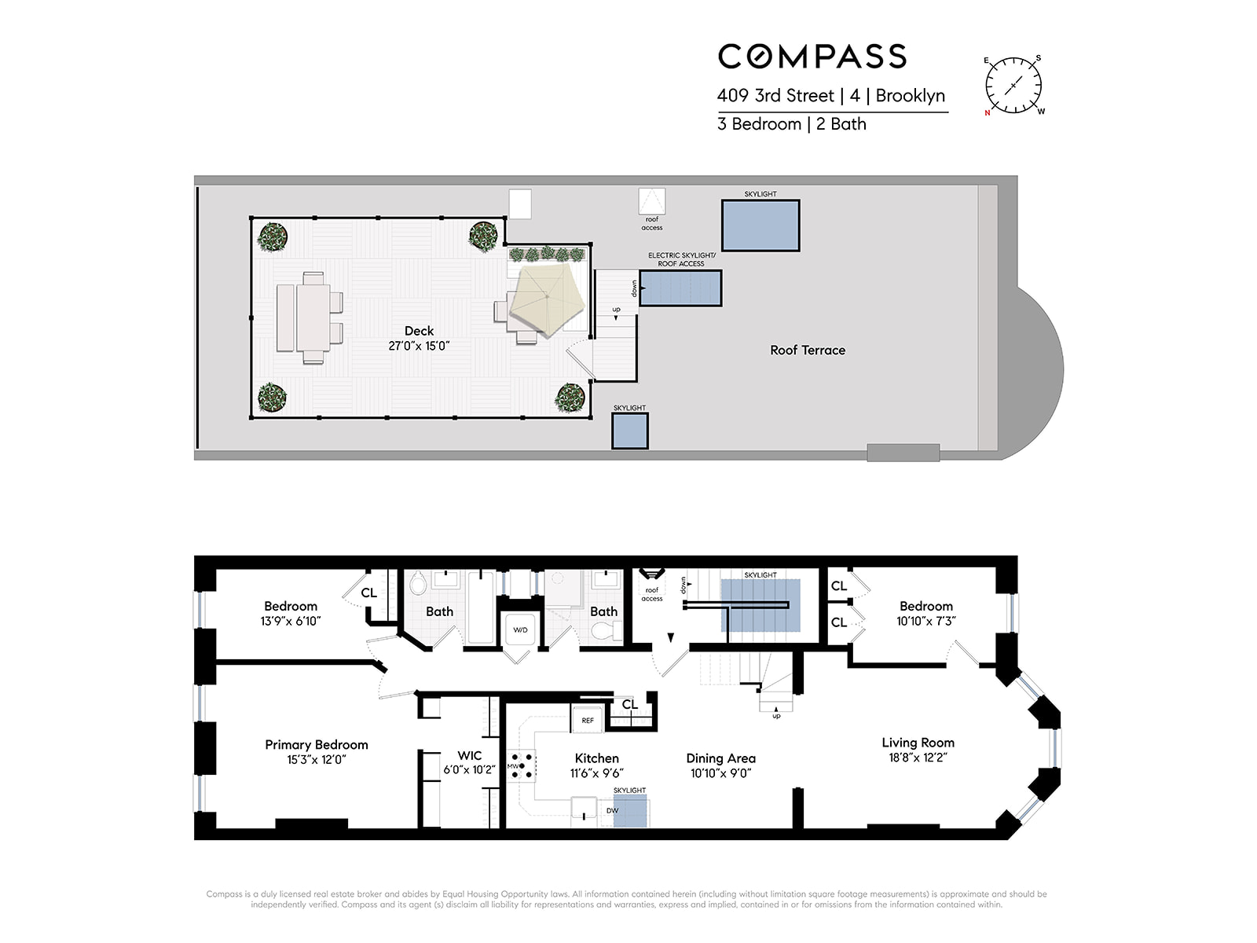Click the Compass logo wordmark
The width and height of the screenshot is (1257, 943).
(812, 57)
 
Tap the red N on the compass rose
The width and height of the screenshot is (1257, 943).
(988, 113)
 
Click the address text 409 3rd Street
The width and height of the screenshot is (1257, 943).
(775, 96)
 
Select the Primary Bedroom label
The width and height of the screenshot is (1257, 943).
(316, 745)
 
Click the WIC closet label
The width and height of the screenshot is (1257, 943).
(469, 756)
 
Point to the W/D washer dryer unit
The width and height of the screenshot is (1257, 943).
(520, 630)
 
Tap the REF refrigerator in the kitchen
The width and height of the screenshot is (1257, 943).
(588, 720)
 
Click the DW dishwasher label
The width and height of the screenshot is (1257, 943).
(612, 810)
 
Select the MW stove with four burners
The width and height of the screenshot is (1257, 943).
(522, 766)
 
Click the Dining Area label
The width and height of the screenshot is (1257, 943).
(720, 758)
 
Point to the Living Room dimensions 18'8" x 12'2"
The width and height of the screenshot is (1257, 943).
(918, 758)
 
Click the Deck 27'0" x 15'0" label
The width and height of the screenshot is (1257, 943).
(419, 338)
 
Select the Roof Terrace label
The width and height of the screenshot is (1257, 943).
(808, 350)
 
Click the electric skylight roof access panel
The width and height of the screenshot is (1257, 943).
(680, 288)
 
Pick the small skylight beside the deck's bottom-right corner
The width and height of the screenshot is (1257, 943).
(630, 431)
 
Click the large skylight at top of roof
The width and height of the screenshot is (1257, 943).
(760, 226)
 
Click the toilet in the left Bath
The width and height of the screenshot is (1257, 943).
(418, 584)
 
